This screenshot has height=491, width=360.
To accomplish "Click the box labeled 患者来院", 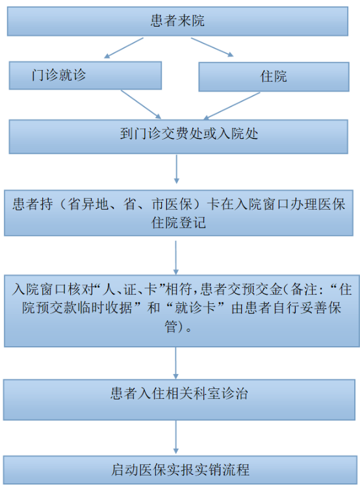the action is pyautogui.click(x=177, y=21).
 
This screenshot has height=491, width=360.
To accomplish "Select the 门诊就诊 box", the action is pyautogui.click(x=85, y=75).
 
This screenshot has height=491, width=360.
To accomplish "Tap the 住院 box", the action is pyautogui.click(x=274, y=77).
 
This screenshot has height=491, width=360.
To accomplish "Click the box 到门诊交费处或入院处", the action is pyautogui.click(x=178, y=136).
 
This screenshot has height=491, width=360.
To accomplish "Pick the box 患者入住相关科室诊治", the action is pyautogui.click(x=179, y=399).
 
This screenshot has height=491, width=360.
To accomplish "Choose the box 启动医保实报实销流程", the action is pyautogui.click(x=180, y=470).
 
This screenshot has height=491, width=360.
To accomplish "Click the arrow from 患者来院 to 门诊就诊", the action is pyautogui.click(x=123, y=48).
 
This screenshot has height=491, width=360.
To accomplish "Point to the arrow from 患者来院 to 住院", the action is pyautogui.click(x=212, y=47).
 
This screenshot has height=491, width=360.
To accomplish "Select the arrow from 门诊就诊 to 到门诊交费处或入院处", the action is pyautogui.click(x=141, y=105).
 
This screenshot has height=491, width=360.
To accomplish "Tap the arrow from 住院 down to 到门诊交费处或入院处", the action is pyautogui.click(x=232, y=106).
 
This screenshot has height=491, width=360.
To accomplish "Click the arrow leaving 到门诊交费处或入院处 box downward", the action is pyautogui.click(x=176, y=169).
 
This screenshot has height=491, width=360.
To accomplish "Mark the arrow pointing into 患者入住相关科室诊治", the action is pyautogui.click(x=175, y=363).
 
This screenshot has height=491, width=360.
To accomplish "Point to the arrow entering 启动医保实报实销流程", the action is pyautogui.click(x=175, y=437).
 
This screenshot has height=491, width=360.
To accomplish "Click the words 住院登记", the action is pyautogui.click(x=179, y=223).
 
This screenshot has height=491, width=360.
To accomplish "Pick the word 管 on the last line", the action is pyautogui.click(x=172, y=326).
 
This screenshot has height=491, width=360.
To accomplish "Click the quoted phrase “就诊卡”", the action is pyautogui.click(x=195, y=308).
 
